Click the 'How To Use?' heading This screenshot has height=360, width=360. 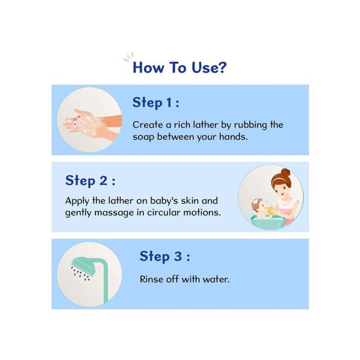[x=179, y=67]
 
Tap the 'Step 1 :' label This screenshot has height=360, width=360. [x=155, y=103]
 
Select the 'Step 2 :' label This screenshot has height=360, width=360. [x=90, y=181]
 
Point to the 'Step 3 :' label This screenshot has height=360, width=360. [x=164, y=256]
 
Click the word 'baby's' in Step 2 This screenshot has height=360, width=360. [x=164, y=201]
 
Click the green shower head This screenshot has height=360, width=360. [x=84, y=266]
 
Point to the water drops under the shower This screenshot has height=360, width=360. [x=80, y=274]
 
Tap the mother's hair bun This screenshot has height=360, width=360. [x=286, y=172]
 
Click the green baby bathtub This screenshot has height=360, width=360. [x=268, y=222]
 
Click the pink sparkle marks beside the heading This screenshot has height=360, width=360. [x=128, y=57]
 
